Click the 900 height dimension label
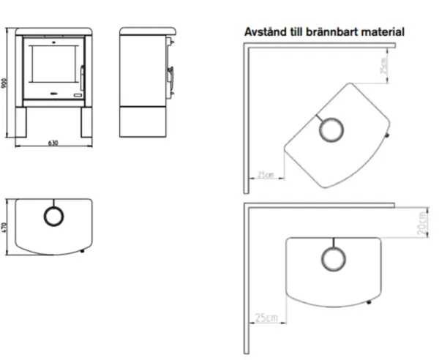pos(4,83)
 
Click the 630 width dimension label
pos(53,143)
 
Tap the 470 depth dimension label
pos(4,227)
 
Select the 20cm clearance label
pos(423,224)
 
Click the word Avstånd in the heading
pos(266,32)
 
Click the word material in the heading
pos(383,32)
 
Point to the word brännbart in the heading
pos(331,32)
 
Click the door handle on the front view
pos(82,78)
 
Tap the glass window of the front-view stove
pos(53,64)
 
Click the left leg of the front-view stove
pos(21,122)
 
